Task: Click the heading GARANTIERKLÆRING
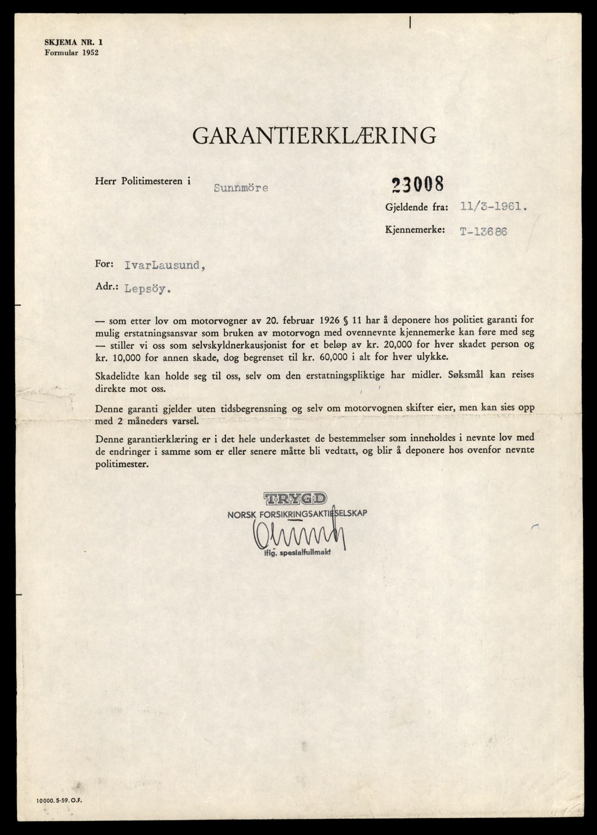[x=314, y=136]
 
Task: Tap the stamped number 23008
[x=417, y=185]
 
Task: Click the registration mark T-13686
[x=483, y=231]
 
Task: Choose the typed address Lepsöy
[x=147, y=289]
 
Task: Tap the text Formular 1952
[x=72, y=52]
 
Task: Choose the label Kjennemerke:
[x=414, y=230]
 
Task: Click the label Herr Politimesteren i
[x=143, y=181]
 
